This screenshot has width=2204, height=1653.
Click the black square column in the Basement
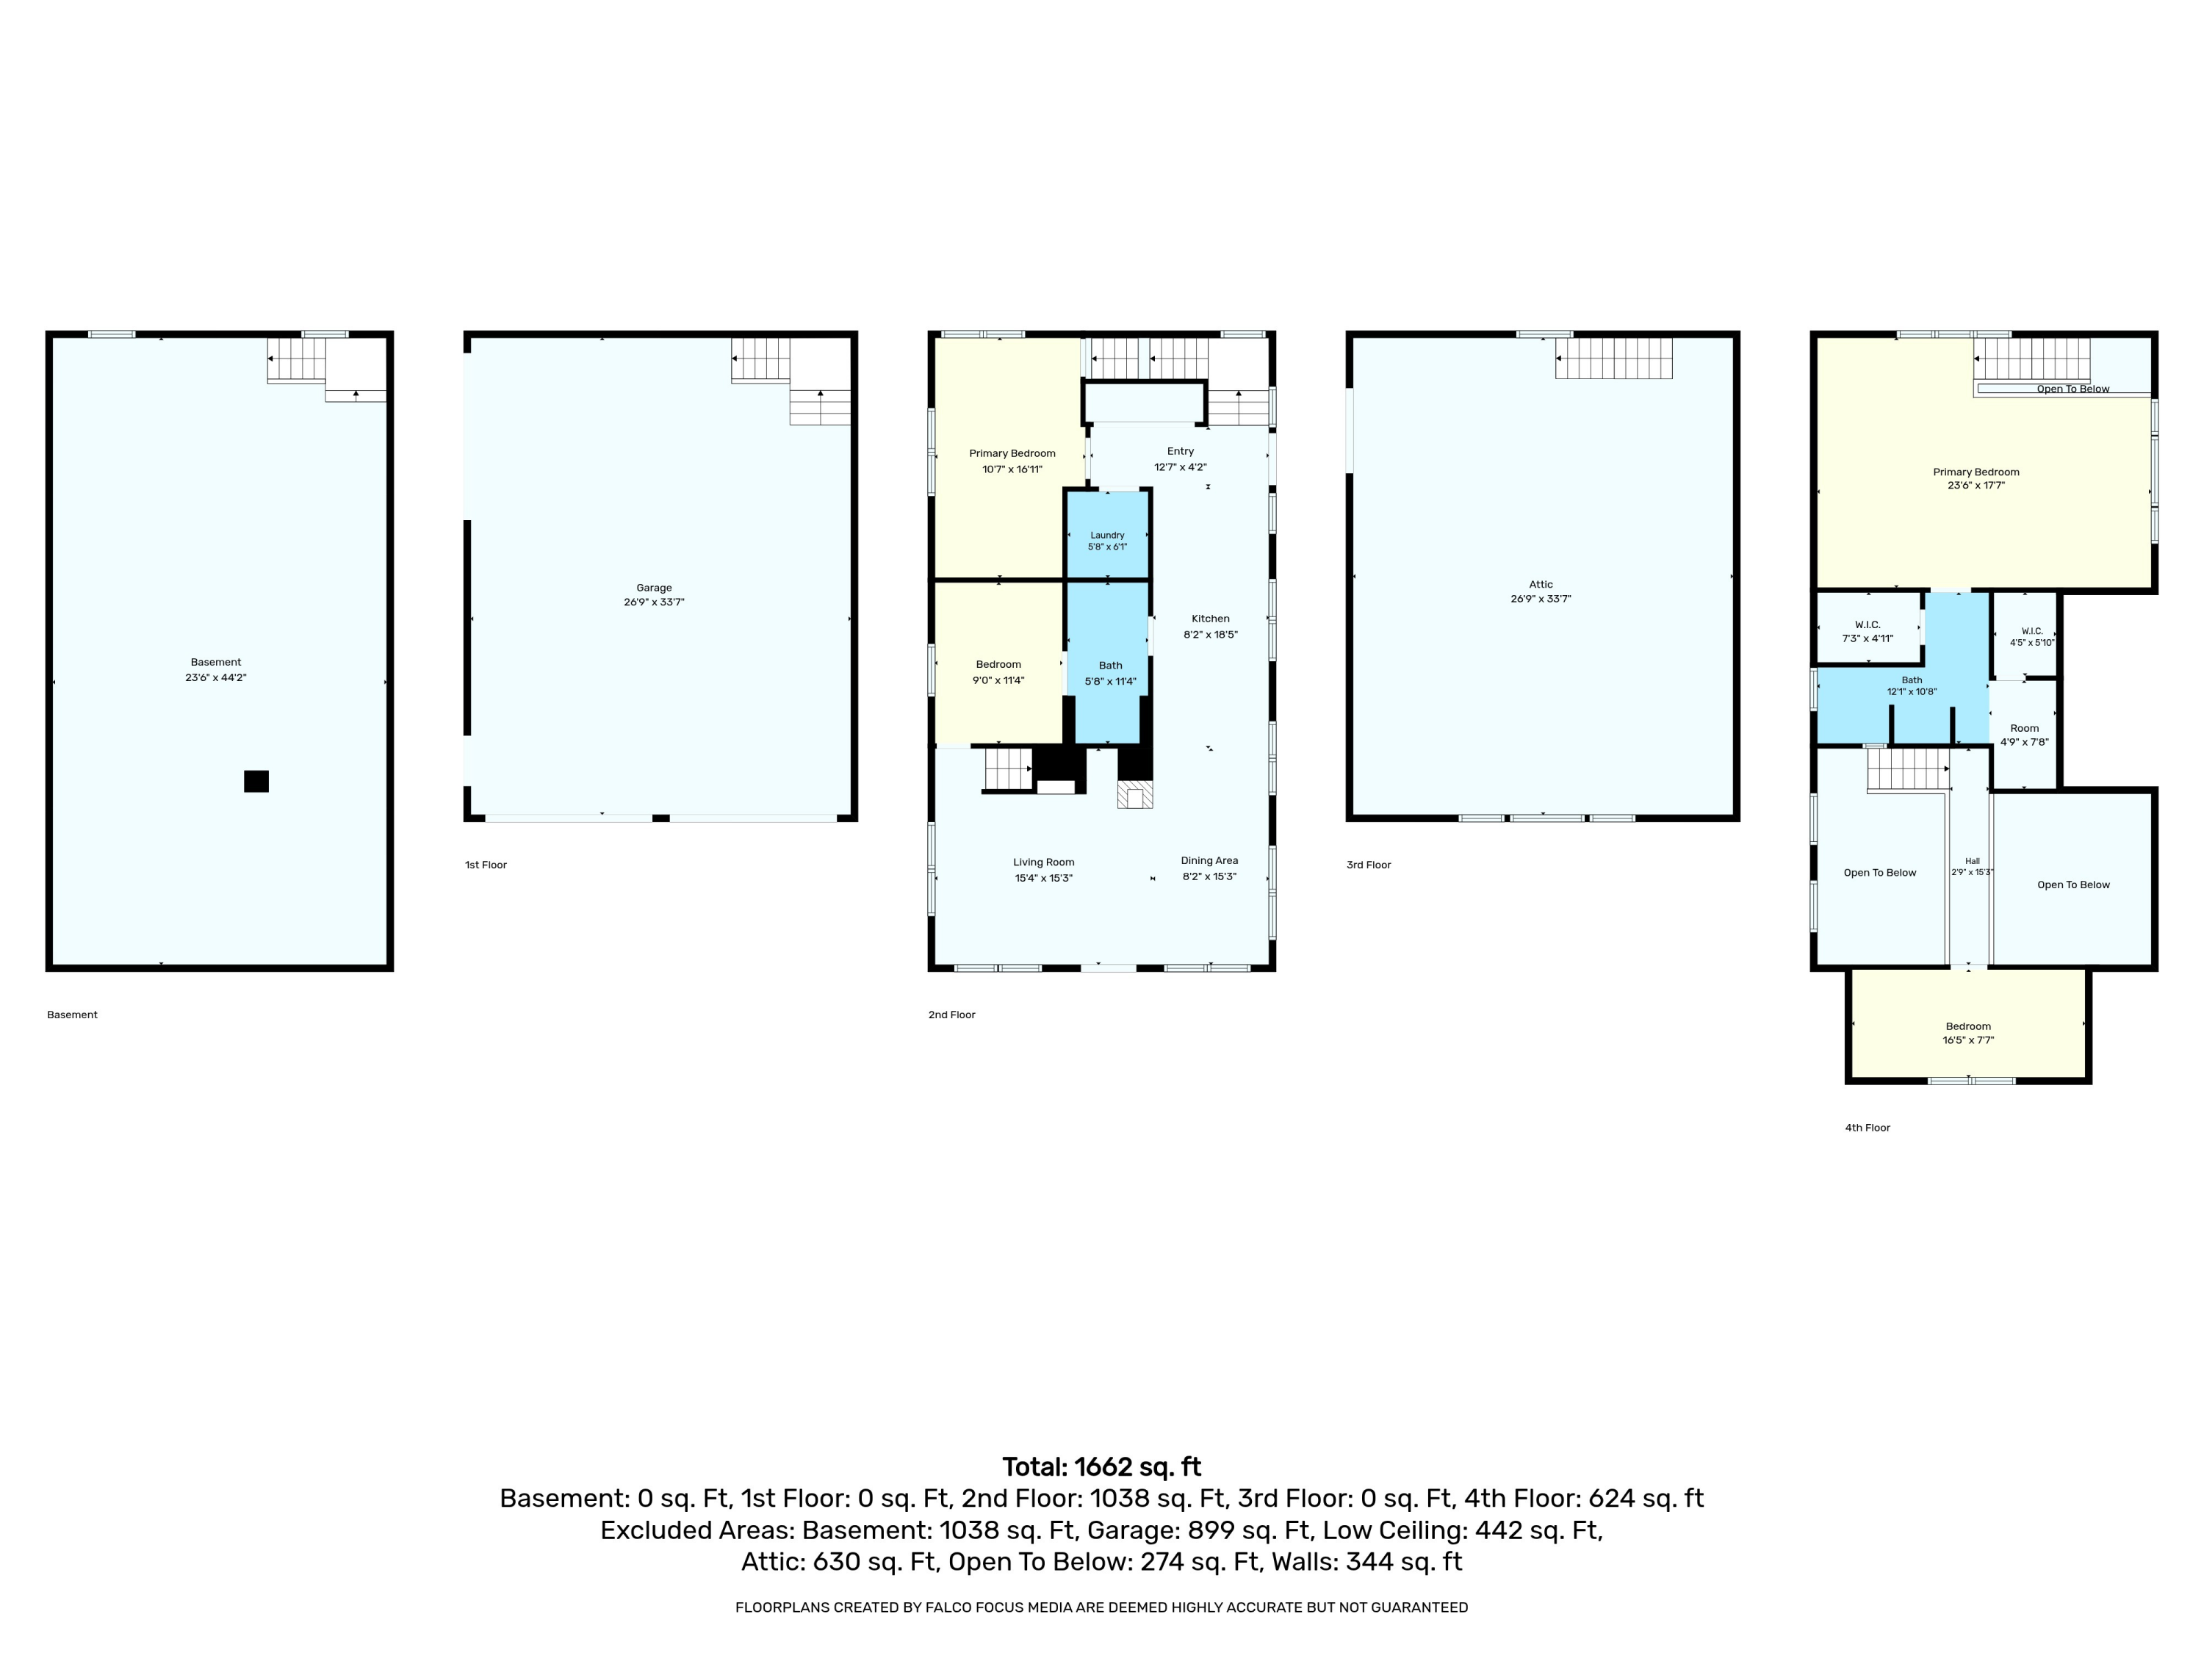pyautogui.click(x=256, y=781)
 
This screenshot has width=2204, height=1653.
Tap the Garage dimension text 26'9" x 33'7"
pyautogui.click(x=654, y=602)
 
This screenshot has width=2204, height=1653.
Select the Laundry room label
pyautogui.click(x=1107, y=535)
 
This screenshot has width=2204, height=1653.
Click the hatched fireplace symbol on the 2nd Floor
pyautogui.click(x=1135, y=794)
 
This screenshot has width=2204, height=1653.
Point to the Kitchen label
pyautogui.click(x=1211, y=619)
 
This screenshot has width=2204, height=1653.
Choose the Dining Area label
pyautogui.click(x=1209, y=861)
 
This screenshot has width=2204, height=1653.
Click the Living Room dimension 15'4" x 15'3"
pyautogui.click(x=1043, y=878)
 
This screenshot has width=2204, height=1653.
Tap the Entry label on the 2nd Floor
pyautogui.click(x=1181, y=451)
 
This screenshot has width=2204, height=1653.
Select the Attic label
pyautogui.click(x=1541, y=585)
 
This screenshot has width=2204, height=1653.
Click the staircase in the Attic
pyautogui.click(x=1614, y=359)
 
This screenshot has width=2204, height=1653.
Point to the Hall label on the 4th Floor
pyautogui.click(x=1972, y=861)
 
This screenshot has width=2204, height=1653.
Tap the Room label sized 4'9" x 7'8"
pyautogui.click(x=2025, y=728)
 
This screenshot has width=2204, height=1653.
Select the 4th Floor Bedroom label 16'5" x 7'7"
pyautogui.click(x=1968, y=1026)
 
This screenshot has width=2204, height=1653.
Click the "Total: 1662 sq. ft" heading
pyautogui.click(x=1102, y=1466)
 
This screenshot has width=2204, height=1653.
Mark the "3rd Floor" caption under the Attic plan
pyautogui.click(x=1368, y=865)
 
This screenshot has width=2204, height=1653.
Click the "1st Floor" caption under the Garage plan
pyautogui.click(x=486, y=865)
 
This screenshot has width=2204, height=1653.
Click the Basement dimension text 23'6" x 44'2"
pyautogui.click(x=215, y=677)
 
